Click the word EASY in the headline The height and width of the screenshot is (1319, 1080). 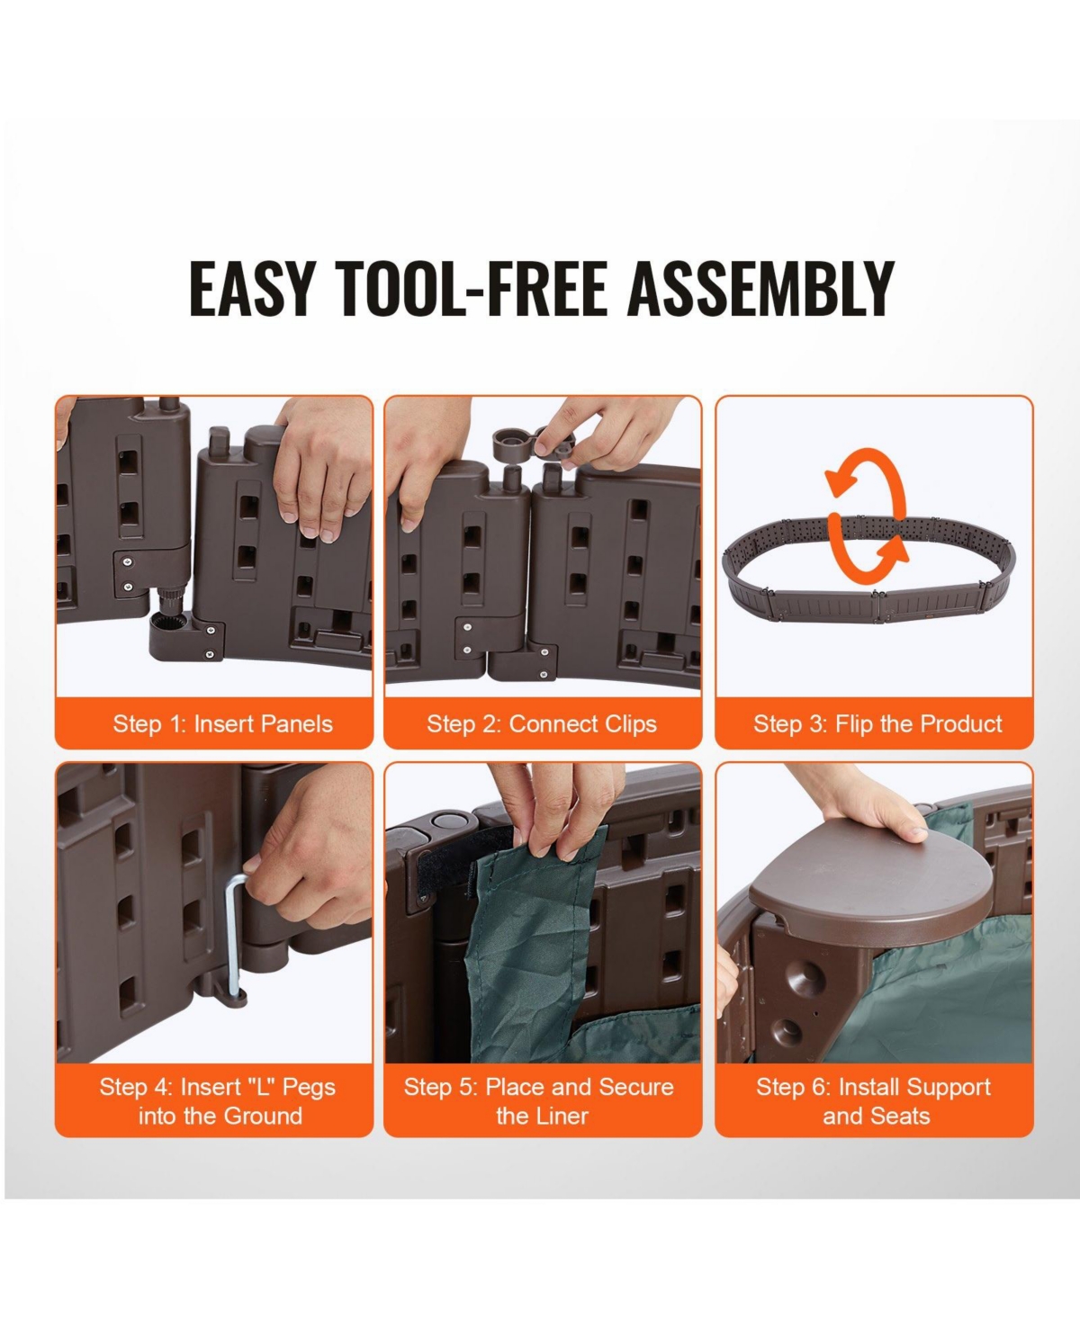(250, 288)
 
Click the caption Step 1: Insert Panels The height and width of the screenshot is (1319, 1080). (223, 724)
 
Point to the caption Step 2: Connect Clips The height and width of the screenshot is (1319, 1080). (542, 724)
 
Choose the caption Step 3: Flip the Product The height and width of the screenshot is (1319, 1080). (877, 723)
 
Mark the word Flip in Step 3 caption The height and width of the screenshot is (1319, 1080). (853, 724)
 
